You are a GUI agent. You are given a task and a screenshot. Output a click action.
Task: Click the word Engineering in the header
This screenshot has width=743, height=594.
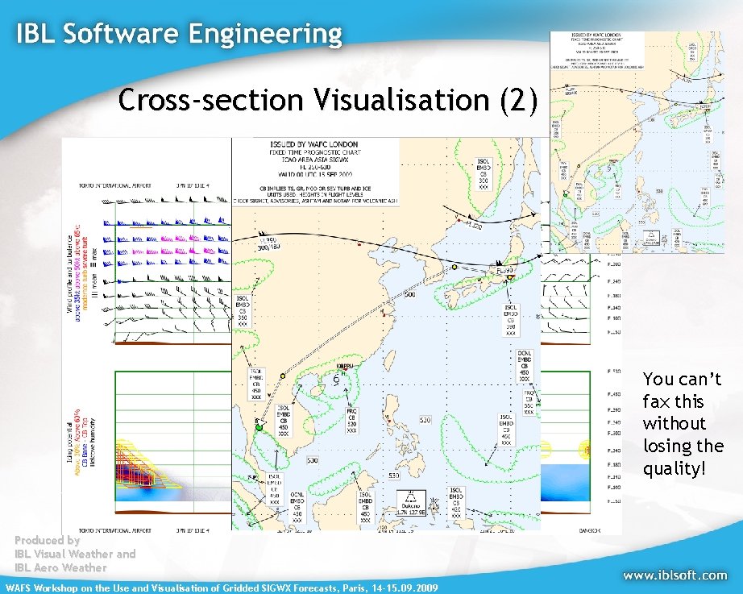(x=266, y=34)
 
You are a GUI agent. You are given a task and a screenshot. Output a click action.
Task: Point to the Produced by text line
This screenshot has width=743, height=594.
(x=47, y=541)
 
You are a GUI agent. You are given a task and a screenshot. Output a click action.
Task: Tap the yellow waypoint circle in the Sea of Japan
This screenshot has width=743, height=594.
(x=455, y=267)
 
